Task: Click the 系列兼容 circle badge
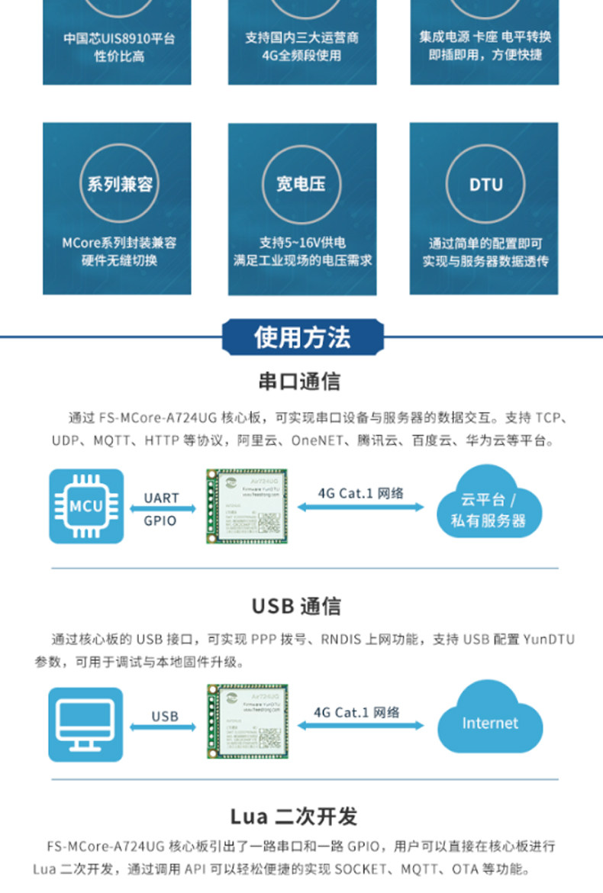coord(119,184)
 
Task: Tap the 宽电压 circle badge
coord(301,184)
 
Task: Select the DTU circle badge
coord(485,184)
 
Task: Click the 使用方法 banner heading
coord(303,337)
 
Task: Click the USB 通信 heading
coord(297,606)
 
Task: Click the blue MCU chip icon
coord(86,506)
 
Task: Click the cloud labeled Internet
coord(489,722)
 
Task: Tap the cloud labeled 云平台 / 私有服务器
coord(489,508)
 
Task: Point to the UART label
coord(161,498)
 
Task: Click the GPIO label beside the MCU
coord(160,521)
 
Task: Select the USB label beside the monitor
coord(164,717)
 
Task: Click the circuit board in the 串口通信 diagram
coord(247,505)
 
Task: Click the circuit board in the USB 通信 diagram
coord(247,721)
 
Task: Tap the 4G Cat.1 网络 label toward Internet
coord(356,712)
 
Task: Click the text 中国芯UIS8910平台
coord(118,38)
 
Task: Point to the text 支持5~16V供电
coord(301,243)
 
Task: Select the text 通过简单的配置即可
coord(485,243)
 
